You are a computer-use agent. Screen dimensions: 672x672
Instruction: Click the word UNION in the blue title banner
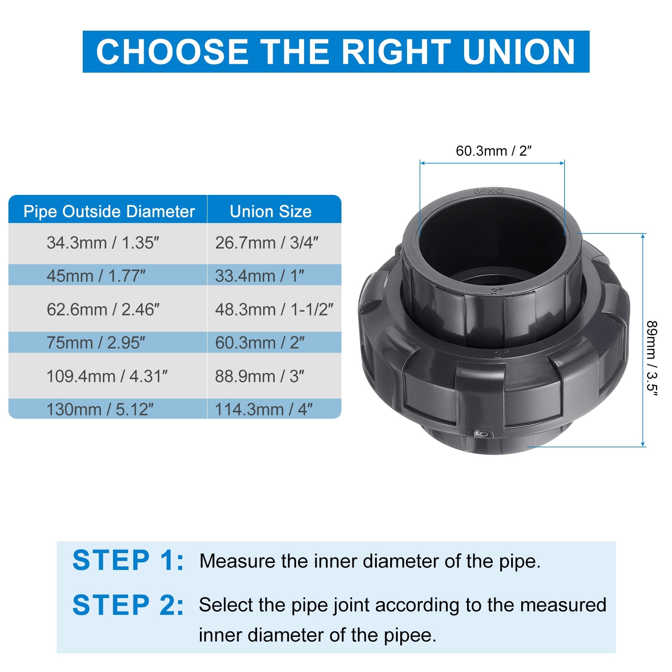(x=519, y=52)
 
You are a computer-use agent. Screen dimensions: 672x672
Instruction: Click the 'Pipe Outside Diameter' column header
(x=109, y=211)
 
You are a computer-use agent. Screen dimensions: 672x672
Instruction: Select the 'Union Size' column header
(x=271, y=211)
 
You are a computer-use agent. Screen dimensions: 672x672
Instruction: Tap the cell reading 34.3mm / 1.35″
(x=103, y=243)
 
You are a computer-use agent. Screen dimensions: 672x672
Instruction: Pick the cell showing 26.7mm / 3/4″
(x=267, y=243)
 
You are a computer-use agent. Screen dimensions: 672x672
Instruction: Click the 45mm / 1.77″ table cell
(x=96, y=276)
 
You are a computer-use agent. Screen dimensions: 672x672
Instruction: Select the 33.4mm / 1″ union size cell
(x=260, y=276)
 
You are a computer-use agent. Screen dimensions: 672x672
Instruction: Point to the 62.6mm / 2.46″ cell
(x=103, y=310)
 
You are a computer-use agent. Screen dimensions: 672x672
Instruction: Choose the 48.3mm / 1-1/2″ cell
(x=274, y=310)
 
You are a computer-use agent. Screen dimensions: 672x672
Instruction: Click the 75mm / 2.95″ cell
(x=96, y=343)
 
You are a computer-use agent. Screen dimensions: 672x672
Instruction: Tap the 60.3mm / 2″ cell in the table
(x=260, y=343)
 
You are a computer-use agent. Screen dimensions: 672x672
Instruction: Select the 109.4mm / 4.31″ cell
(x=107, y=376)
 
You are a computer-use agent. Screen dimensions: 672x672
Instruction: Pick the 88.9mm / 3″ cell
(x=260, y=376)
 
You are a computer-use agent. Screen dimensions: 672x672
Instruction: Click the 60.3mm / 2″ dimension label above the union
(x=494, y=151)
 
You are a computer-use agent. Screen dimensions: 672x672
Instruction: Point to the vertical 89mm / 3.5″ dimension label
(x=651, y=358)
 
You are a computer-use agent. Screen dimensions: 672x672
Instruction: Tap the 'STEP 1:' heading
(x=128, y=560)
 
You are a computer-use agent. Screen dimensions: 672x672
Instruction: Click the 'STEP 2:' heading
(x=128, y=605)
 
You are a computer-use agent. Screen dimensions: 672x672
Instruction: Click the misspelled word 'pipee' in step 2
(x=407, y=635)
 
